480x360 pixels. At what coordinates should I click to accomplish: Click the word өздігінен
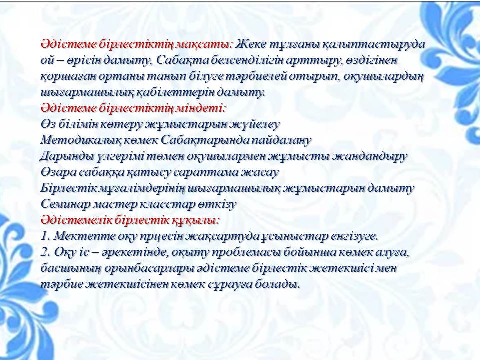(x=372, y=61)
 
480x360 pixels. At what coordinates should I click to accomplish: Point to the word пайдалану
(x=281, y=140)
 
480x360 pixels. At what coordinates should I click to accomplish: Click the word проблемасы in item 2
(x=246, y=253)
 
